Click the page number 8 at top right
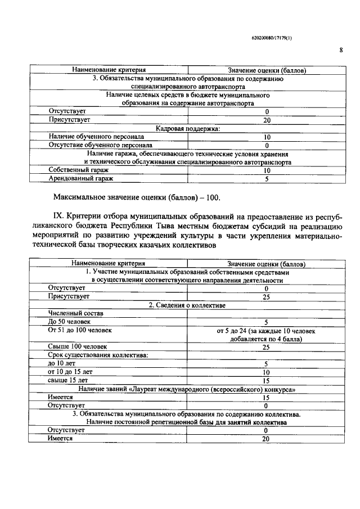pos(341,50)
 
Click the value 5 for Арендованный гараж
pos(267,179)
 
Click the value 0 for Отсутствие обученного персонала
pos(267,145)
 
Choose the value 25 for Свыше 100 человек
pos(267,348)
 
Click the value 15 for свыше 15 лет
pos(267,381)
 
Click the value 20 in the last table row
pos(267,439)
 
